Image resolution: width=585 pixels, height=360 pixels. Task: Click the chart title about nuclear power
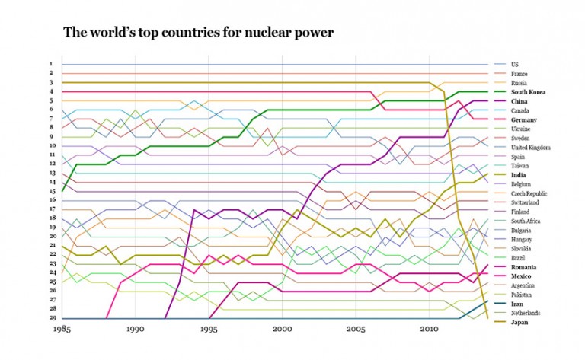[198, 32]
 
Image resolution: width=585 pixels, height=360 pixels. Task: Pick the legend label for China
[519, 101]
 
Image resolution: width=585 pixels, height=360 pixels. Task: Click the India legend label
[519, 174]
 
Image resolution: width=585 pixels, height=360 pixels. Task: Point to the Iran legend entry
[516, 304]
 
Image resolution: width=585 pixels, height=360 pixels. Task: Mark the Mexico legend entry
[521, 276]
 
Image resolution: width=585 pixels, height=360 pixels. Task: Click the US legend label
[514, 65]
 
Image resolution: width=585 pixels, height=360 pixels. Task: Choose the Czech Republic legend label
[529, 193]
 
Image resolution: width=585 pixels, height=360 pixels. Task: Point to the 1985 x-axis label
[62, 331]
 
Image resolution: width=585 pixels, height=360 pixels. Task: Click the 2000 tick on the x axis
[283, 331]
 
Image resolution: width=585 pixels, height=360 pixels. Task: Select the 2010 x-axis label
[429, 331]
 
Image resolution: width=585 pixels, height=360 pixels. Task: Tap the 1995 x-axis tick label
[209, 331]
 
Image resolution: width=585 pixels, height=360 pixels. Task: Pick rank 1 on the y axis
[50, 64]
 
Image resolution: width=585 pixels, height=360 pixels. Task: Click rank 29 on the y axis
[50, 318]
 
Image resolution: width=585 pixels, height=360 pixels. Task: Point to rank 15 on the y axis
[50, 191]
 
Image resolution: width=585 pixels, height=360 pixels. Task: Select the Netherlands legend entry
[526, 313]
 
